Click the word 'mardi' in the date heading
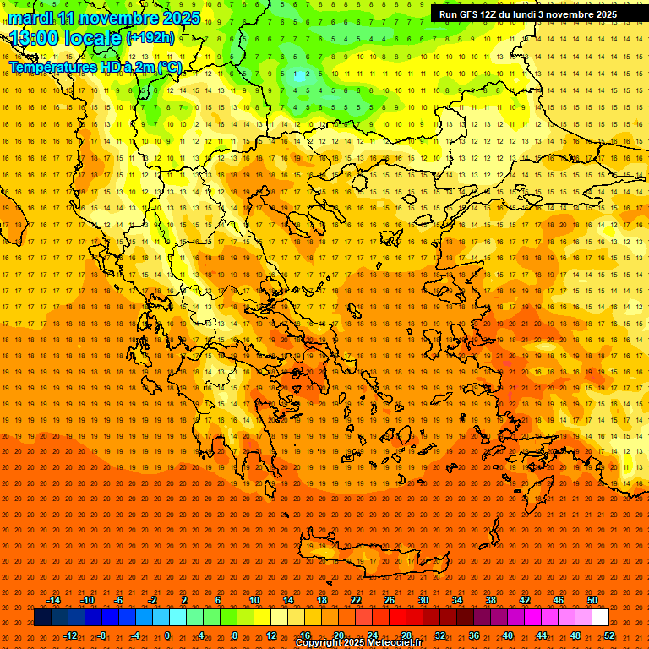click(x=31, y=18)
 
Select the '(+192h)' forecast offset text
click(x=150, y=38)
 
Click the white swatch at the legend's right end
click(x=601, y=618)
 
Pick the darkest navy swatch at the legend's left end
click(x=43, y=618)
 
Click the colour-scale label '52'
click(x=609, y=635)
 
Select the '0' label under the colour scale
click(x=166, y=635)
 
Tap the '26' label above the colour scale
click(x=389, y=600)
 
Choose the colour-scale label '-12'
click(x=70, y=635)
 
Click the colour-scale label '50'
click(x=592, y=600)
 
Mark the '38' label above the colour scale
click(x=490, y=600)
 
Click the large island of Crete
click(x=363, y=554)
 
